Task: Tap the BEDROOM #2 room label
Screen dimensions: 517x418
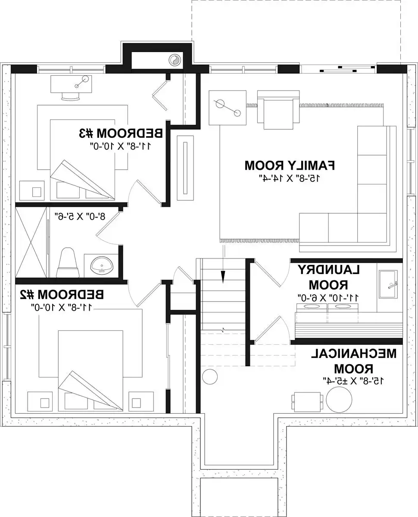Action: [62, 295]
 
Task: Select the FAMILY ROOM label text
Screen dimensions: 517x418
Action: [290, 165]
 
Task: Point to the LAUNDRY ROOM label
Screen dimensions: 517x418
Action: [328, 277]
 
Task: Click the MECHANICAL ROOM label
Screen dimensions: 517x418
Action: [353, 361]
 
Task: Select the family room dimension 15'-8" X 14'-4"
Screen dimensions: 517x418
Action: [290, 177]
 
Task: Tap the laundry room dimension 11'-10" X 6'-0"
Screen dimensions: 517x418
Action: [328, 297]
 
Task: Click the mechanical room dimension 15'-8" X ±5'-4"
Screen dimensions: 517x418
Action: [353, 380]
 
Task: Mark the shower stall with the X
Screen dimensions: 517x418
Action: [31, 243]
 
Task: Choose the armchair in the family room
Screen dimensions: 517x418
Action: [278, 110]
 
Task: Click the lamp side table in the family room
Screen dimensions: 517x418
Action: [228, 108]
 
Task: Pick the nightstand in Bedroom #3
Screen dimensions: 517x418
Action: [32, 190]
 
